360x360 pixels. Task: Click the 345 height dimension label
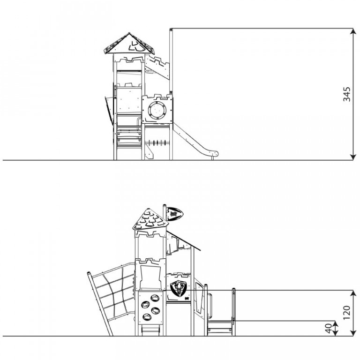pos(346,94)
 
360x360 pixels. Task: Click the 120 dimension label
pos(346,313)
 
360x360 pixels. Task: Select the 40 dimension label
pos(329,328)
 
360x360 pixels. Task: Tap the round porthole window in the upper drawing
pos(157,110)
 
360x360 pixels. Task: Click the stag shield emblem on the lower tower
pos(179,288)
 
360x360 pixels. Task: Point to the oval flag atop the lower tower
pos(174,214)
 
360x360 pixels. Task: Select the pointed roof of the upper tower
pos(129,44)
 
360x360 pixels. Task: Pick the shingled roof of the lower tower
pos(150,219)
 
